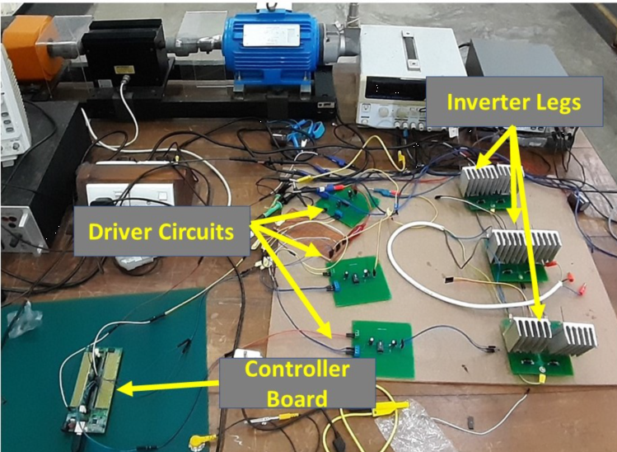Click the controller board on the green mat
pos(93,388)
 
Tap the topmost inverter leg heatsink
pos(492,182)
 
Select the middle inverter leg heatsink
pos(526,247)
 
